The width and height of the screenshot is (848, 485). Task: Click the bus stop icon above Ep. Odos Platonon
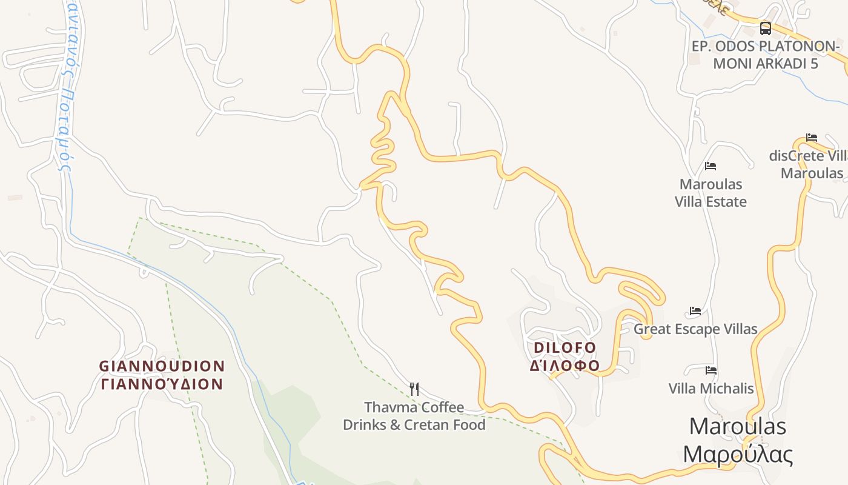tap(766, 28)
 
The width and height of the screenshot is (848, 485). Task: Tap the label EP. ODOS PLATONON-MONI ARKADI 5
tap(766, 55)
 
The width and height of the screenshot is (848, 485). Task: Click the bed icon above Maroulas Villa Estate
tap(711, 166)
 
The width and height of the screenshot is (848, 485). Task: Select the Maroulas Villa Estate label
tap(711, 193)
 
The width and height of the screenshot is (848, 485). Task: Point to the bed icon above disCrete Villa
tap(812, 138)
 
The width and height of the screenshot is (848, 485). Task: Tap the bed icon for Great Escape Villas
tap(695, 312)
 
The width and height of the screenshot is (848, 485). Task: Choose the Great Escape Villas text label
tap(695, 329)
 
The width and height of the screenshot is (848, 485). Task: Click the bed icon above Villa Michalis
tap(711, 370)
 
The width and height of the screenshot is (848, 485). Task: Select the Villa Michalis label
tap(711, 388)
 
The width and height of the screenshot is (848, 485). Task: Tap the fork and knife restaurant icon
tap(414, 389)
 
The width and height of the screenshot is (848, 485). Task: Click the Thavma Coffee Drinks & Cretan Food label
tap(414, 416)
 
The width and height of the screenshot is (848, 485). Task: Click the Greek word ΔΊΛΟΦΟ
tap(565, 366)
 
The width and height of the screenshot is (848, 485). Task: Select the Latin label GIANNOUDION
tap(162, 366)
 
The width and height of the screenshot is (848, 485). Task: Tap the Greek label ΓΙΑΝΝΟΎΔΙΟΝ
tap(162, 384)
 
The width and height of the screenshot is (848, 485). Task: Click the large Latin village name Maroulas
tap(737, 426)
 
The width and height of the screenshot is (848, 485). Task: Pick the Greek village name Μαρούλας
tap(737, 453)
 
